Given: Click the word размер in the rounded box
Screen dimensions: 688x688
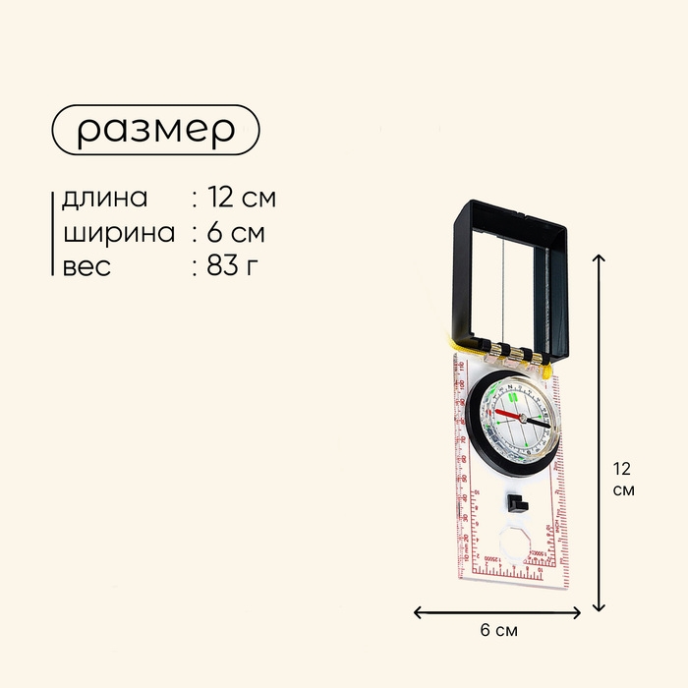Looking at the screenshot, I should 155,130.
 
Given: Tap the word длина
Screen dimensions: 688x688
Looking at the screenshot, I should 104,198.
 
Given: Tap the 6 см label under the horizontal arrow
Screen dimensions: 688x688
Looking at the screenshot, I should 497,630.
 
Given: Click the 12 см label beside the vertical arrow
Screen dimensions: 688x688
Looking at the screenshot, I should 621,478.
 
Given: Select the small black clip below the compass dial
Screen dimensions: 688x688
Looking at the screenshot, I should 514,505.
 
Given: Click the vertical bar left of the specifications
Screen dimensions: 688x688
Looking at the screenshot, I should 52,232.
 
